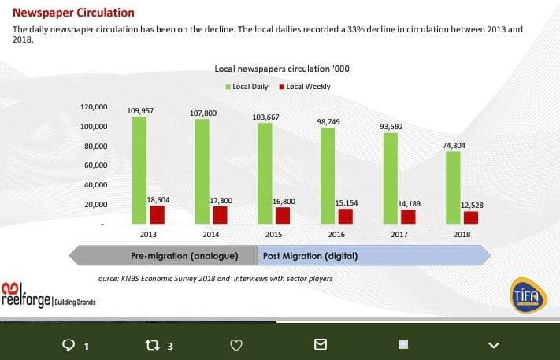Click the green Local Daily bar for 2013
pos(139,169)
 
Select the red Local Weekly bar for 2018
pos(470,217)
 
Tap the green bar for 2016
pos(327,175)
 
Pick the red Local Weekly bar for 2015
pos(281,215)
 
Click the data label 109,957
pos(139,111)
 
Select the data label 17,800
pos(221,201)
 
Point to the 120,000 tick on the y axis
pos(95,107)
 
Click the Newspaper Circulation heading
pos(73,13)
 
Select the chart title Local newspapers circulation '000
pos(281,69)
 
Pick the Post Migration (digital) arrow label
pos(310,256)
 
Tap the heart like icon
pos(235,344)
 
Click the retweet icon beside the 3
pos(153,345)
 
